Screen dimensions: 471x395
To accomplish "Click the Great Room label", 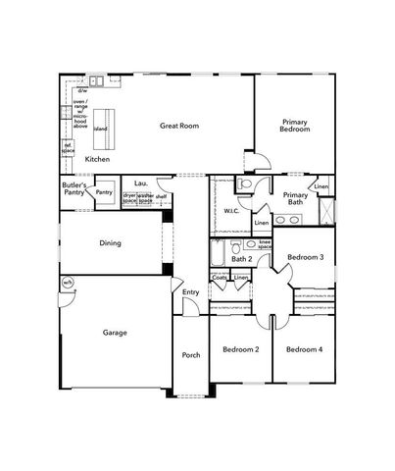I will (x=180, y=126).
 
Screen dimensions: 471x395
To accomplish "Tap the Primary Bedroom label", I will (x=295, y=125).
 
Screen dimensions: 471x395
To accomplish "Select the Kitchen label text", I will (x=98, y=159).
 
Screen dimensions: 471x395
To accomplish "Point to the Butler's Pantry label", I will (x=74, y=188).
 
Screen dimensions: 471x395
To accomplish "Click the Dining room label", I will (x=110, y=242).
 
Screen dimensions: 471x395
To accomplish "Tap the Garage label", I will (x=115, y=333).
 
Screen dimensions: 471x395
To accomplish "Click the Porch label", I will (x=191, y=355).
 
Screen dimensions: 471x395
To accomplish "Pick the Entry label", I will (x=190, y=291).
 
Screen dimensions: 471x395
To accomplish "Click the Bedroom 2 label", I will (x=240, y=350).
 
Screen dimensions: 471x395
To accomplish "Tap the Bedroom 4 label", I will (x=303, y=350).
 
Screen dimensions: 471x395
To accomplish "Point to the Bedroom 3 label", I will (x=305, y=258).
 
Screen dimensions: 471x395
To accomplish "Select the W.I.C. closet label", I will (x=232, y=211).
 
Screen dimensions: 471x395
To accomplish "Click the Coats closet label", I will (x=220, y=278).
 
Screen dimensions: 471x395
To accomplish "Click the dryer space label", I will (x=128, y=197).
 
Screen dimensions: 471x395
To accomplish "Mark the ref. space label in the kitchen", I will (x=69, y=148).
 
